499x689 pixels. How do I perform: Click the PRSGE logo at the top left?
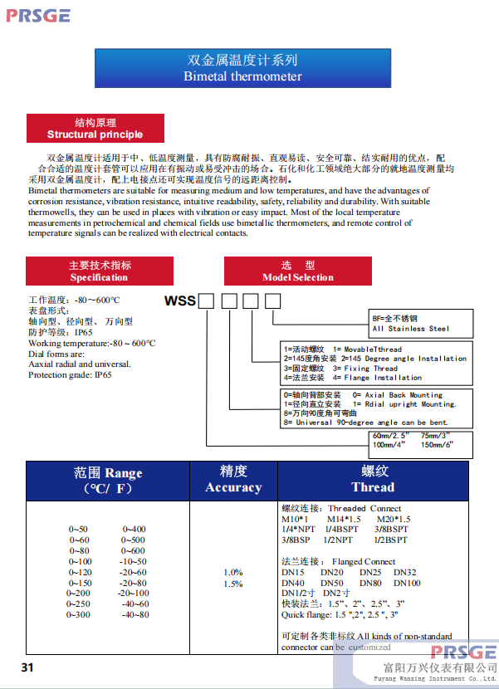click(x=38, y=15)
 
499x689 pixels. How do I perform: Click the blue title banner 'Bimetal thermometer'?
click(x=243, y=68)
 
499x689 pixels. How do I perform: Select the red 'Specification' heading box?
click(x=99, y=271)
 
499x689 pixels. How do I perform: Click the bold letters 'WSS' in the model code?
click(x=181, y=301)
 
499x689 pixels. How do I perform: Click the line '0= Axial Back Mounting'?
click(x=398, y=395)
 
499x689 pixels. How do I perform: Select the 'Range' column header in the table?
click(x=108, y=481)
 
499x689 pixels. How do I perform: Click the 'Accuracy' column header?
click(x=233, y=480)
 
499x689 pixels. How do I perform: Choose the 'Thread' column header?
click(x=373, y=480)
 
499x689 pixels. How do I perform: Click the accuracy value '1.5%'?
click(x=233, y=584)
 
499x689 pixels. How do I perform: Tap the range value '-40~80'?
click(x=135, y=615)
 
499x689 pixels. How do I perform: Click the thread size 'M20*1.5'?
click(x=394, y=520)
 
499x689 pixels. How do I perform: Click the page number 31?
click(x=27, y=668)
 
